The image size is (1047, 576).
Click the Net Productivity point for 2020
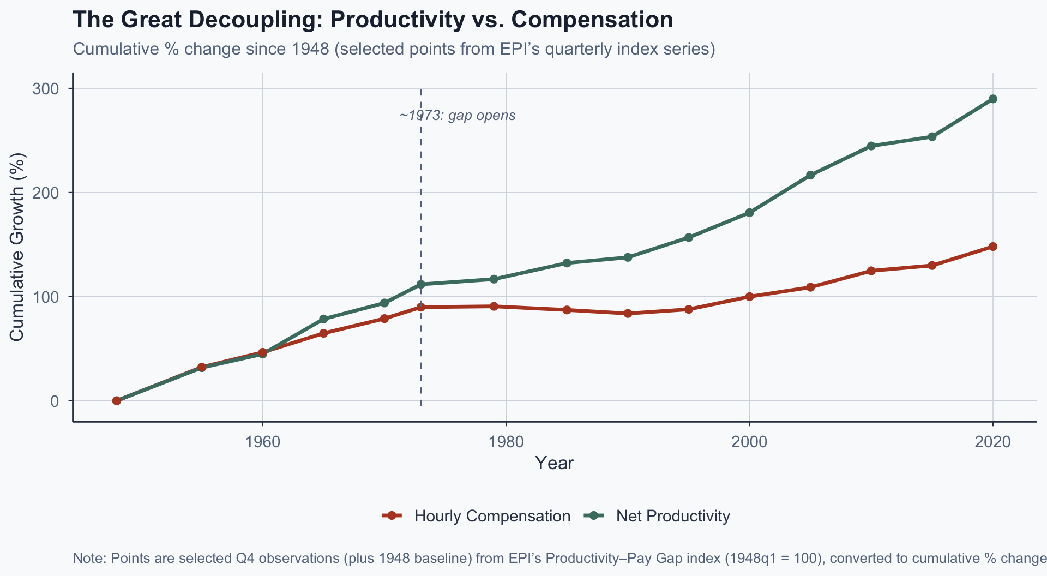point(993,99)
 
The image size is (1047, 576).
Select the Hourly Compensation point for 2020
point(993,247)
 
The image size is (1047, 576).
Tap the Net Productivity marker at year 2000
point(749,213)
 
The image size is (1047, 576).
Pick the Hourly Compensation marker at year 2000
point(749,297)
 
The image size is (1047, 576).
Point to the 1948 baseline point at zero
point(116,401)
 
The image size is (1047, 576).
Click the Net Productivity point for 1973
point(421,284)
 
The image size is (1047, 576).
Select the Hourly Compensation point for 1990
point(628,314)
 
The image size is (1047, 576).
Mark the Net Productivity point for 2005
point(810,175)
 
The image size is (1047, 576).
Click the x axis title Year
point(554,463)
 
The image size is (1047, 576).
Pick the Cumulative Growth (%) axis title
point(17,247)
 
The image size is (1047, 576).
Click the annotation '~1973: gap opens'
point(457,116)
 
